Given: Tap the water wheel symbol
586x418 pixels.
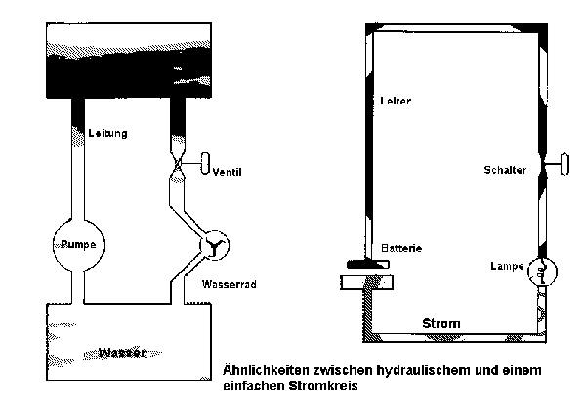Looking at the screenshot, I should tap(211, 248).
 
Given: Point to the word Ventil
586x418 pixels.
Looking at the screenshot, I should tap(227, 172).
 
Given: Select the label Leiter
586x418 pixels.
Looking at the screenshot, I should tap(398, 102).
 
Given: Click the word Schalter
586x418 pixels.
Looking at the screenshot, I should tap(505, 170).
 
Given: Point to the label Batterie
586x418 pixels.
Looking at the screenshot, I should tap(401, 248).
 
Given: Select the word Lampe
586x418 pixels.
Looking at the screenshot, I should tap(508, 266).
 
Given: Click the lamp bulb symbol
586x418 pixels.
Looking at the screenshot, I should tap(545, 271).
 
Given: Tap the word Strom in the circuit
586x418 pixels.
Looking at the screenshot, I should tap(440, 323).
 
